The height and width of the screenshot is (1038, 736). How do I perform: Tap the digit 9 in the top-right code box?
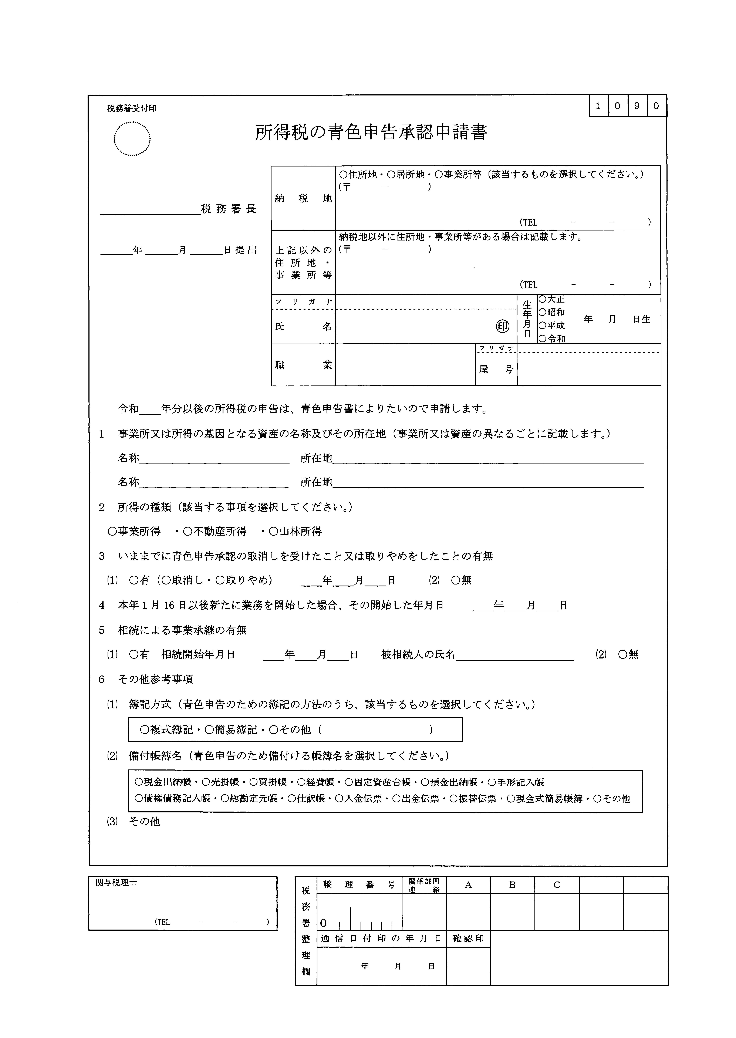coord(637,106)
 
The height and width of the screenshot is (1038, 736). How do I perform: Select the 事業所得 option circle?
coord(112,532)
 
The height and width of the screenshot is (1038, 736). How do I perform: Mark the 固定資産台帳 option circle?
coord(348,782)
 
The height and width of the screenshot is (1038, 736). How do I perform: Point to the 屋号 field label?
coord(496,369)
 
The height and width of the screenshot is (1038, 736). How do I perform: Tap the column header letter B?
coord(513,885)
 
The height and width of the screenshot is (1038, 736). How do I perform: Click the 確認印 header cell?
coord(468,939)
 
